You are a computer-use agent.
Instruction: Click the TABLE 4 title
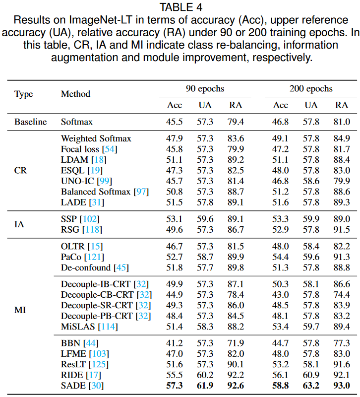click(x=180, y=7)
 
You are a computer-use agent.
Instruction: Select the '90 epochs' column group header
click(x=204, y=89)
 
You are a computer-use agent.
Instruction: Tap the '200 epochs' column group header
click(x=311, y=89)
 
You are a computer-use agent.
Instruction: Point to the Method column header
click(x=75, y=94)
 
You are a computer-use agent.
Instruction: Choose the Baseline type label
click(x=30, y=122)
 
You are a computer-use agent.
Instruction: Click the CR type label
click(x=20, y=170)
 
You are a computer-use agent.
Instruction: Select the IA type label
click(x=19, y=223)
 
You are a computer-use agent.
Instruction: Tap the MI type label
click(x=20, y=311)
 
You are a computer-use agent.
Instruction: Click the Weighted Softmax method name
click(x=96, y=138)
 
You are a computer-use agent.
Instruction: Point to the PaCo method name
click(x=72, y=257)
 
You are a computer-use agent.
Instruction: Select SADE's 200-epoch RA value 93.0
click(x=342, y=386)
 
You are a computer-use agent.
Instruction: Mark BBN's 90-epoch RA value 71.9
click(x=236, y=343)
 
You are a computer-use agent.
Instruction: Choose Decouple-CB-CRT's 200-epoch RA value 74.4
click(x=342, y=294)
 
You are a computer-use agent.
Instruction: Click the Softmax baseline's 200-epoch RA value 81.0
click(x=342, y=122)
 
